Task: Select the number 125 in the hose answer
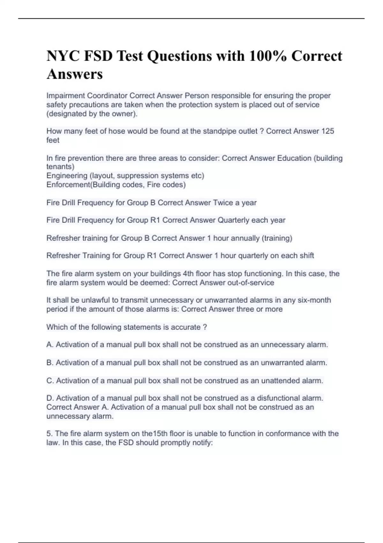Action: (x=328, y=131)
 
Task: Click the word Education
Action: (x=294, y=158)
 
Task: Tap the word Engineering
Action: (x=67, y=176)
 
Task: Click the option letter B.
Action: (x=49, y=363)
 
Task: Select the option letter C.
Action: (x=50, y=381)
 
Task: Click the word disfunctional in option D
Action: (x=282, y=398)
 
